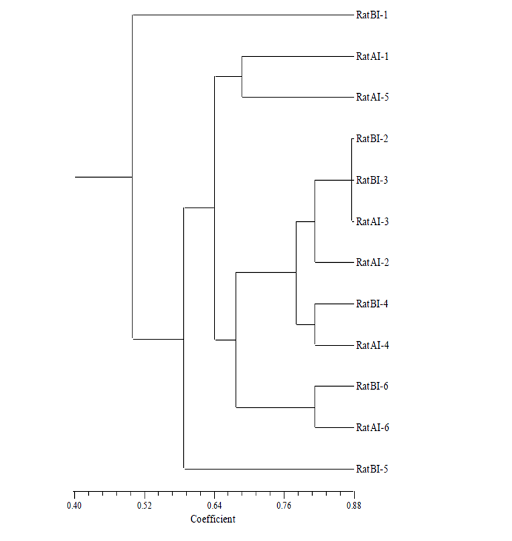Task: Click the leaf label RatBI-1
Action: pyautogui.click(x=372, y=15)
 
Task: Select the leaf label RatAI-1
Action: pyautogui.click(x=372, y=56)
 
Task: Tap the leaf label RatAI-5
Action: pyautogui.click(x=372, y=97)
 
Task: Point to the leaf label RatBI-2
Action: pyautogui.click(x=372, y=139)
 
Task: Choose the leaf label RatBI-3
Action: pyautogui.click(x=372, y=180)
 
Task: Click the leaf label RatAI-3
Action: pyautogui.click(x=372, y=221)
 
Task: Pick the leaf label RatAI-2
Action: pyautogui.click(x=372, y=262)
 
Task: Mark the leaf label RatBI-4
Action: pyautogui.click(x=372, y=304)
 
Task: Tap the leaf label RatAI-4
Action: pyautogui.click(x=372, y=345)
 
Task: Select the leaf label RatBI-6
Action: pyautogui.click(x=372, y=387)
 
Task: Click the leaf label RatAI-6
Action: pyautogui.click(x=372, y=428)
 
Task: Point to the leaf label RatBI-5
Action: pyautogui.click(x=372, y=469)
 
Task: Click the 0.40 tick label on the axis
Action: pyautogui.click(x=74, y=505)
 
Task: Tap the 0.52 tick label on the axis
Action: pyautogui.click(x=144, y=505)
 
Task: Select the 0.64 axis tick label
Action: pyautogui.click(x=214, y=505)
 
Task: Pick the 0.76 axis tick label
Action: pyautogui.click(x=284, y=505)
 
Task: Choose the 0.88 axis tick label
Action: pyautogui.click(x=354, y=505)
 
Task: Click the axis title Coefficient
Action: pyautogui.click(x=213, y=519)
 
